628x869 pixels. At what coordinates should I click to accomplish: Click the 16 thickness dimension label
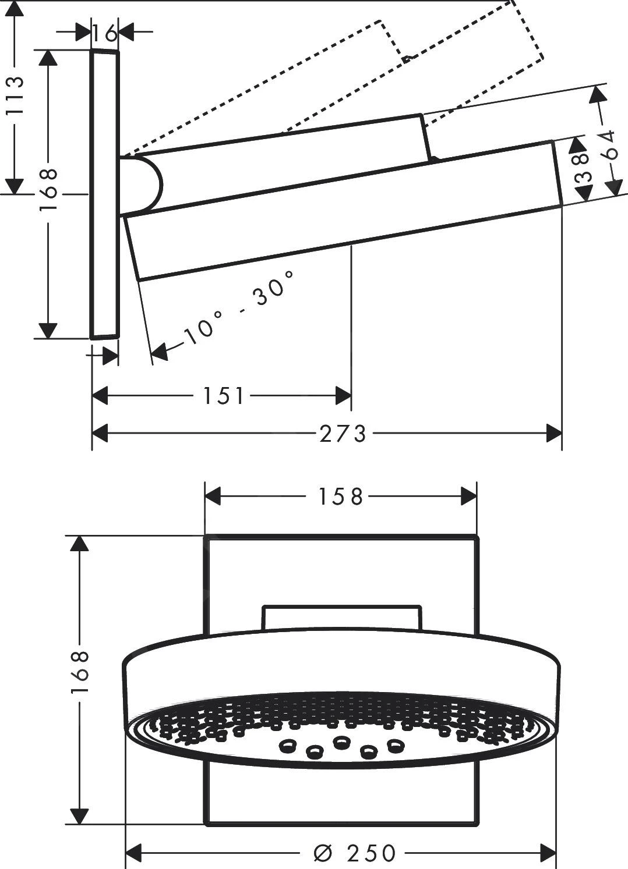[105, 33]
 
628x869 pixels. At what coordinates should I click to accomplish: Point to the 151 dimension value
[223, 396]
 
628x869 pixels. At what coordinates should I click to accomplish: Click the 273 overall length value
[343, 433]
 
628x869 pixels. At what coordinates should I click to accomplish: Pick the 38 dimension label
[583, 169]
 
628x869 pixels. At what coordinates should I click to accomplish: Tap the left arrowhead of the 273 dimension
[100, 433]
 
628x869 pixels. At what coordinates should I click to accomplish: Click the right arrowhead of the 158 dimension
[469, 496]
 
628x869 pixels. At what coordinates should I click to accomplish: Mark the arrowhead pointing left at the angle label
[159, 351]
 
